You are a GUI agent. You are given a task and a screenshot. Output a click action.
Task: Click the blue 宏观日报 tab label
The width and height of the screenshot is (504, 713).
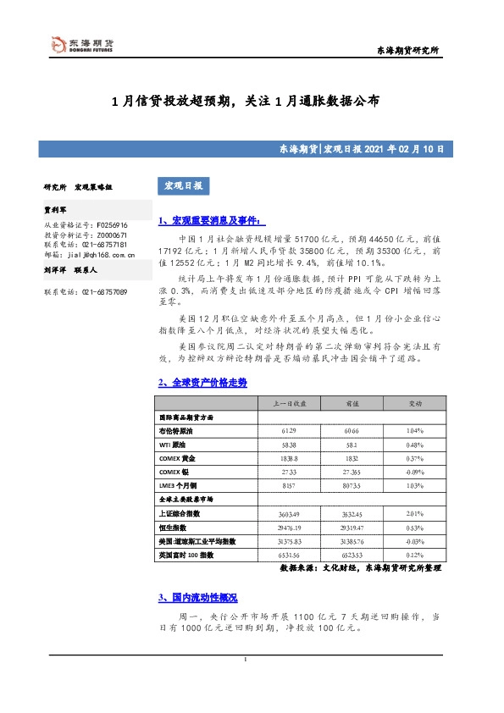180,185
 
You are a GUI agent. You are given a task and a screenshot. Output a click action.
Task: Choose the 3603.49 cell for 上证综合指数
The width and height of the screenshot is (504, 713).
289,514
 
